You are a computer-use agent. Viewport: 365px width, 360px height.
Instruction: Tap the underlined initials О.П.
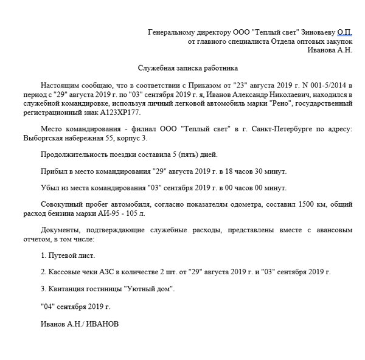(344, 32)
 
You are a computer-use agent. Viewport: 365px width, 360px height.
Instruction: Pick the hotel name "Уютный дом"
(148, 288)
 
